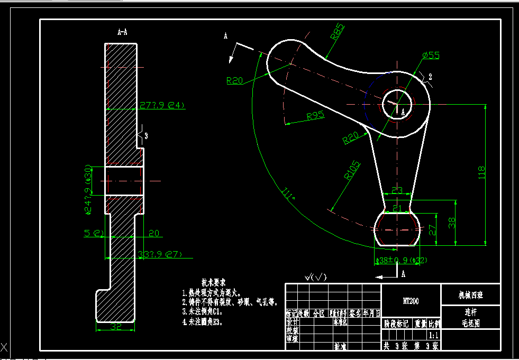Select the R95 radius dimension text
(x=315, y=116)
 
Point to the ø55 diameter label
(x=431, y=56)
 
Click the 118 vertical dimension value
(x=481, y=172)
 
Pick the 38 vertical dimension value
(x=451, y=223)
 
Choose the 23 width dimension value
(x=397, y=190)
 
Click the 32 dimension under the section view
(x=116, y=327)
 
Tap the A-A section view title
(x=122, y=32)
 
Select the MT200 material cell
(x=411, y=301)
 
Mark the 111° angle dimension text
(x=289, y=195)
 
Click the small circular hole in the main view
(x=396, y=100)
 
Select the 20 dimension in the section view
(x=154, y=233)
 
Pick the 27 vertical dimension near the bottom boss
(x=432, y=230)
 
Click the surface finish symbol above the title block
(x=315, y=277)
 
